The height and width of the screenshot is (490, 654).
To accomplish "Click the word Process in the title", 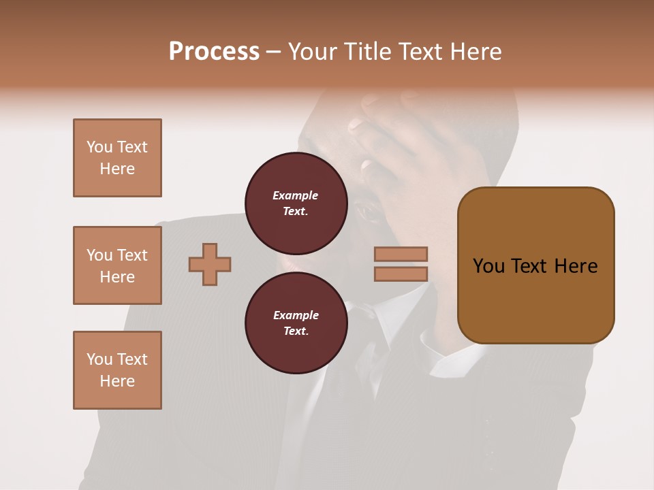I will pyautogui.click(x=214, y=52).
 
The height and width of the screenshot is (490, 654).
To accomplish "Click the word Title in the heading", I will pyautogui.click(x=368, y=52).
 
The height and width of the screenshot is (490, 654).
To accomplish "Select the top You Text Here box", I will pyautogui.click(x=117, y=158).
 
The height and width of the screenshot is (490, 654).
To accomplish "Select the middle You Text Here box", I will pyautogui.click(x=117, y=265).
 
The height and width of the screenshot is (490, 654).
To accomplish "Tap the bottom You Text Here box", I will pyautogui.click(x=117, y=370).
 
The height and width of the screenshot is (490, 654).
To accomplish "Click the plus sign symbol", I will pyautogui.click(x=210, y=264).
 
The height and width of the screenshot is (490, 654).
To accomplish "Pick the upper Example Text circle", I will pyautogui.click(x=296, y=203).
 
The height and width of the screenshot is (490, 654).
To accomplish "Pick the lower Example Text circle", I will pyautogui.click(x=296, y=323).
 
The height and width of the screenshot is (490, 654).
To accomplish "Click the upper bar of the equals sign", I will pyautogui.click(x=401, y=255).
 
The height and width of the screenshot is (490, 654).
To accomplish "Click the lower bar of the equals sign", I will pyautogui.click(x=401, y=274).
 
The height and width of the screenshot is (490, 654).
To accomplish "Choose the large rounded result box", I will pyautogui.click(x=535, y=265).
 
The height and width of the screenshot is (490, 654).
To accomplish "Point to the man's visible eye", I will pyautogui.click(x=371, y=211).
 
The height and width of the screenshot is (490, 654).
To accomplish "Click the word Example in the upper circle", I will pyautogui.click(x=296, y=195).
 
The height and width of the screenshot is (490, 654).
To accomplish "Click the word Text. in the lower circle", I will pyautogui.click(x=296, y=331).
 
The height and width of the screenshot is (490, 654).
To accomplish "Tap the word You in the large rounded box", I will pyautogui.click(x=488, y=266).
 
